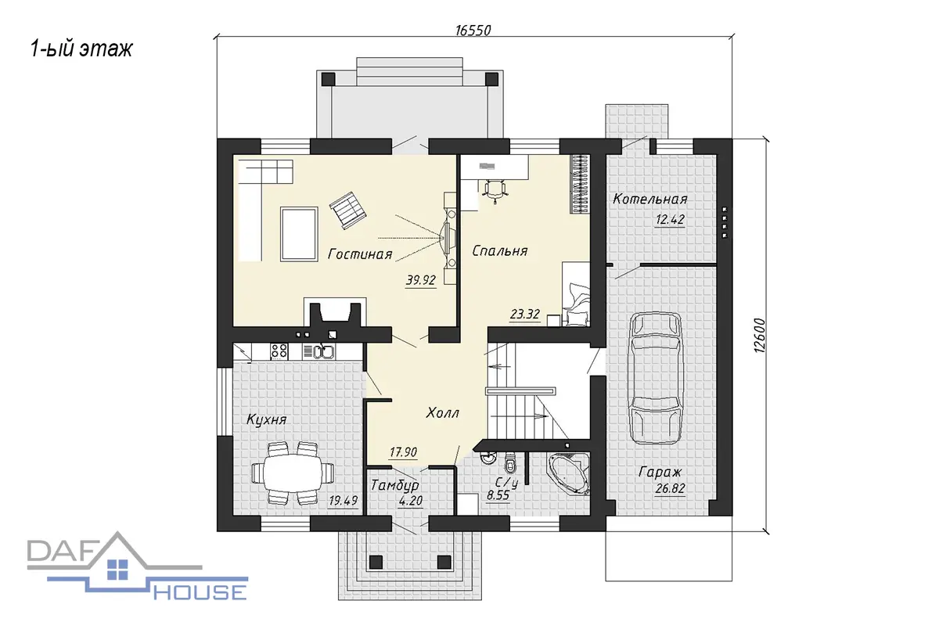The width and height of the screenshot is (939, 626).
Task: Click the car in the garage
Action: [655, 378]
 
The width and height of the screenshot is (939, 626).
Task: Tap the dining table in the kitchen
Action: [293, 473]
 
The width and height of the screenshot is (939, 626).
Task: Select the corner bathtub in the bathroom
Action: [569, 472]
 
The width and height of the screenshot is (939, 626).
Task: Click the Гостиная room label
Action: [360, 254]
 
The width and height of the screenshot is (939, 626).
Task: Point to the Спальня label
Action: [500, 250]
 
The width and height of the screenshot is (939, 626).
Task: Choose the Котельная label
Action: [650, 199]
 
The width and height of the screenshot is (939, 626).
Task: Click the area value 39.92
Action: [420, 280]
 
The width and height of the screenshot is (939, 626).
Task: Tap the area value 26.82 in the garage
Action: [670, 488]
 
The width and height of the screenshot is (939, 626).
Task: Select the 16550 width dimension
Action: [473, 31]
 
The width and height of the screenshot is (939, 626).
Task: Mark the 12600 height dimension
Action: [759, 336]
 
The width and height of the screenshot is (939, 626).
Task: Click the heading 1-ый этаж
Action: [81, 49]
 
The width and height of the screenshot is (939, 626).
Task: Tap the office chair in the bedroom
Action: [495, 191]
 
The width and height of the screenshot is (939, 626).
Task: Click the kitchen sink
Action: [323, 351]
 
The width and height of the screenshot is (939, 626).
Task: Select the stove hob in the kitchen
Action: [279, 351]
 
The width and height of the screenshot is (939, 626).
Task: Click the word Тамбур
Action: [394, 485]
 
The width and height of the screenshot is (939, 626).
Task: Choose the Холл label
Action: [443, 413]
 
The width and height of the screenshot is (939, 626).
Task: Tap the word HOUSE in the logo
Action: [200, 592]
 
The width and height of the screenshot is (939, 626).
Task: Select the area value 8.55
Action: [498, 495]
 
